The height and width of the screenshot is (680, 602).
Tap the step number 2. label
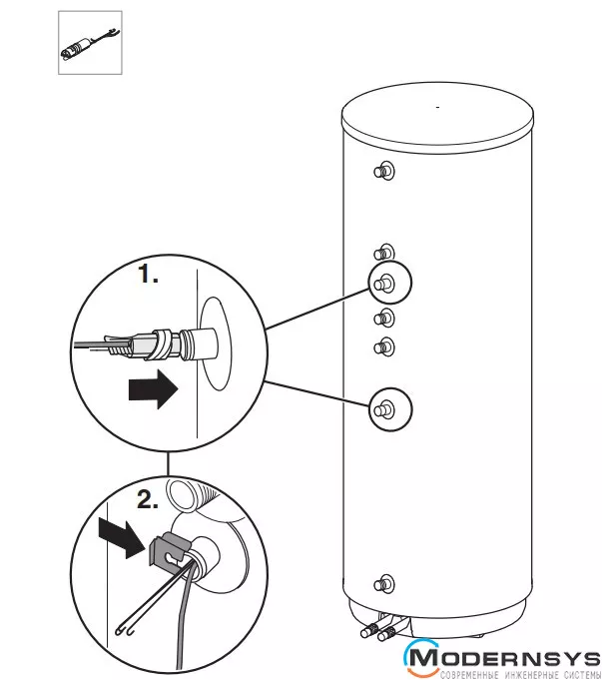pyautogui.click(x=147, y=502)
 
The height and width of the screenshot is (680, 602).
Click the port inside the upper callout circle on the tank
pyautogui.click(x=384, y=285)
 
